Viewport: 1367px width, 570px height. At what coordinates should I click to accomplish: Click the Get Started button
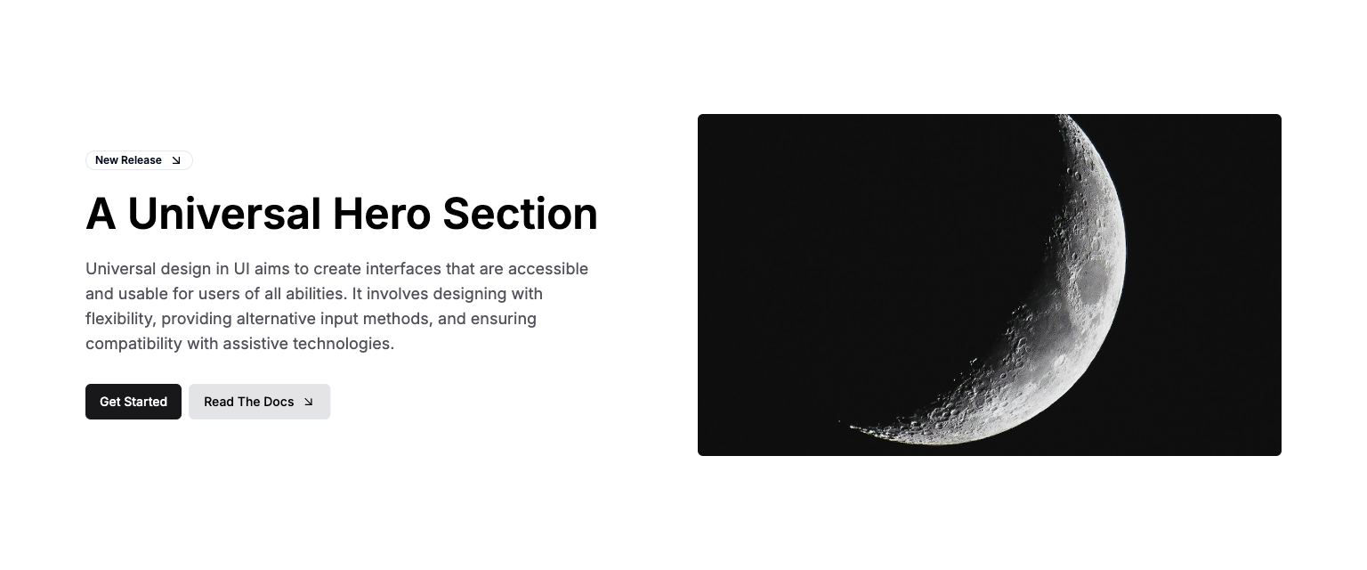133,402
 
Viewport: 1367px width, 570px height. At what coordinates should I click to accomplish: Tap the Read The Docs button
259,402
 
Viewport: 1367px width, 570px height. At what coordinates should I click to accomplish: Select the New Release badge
139,160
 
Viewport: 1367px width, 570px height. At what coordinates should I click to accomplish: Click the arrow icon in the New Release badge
176,160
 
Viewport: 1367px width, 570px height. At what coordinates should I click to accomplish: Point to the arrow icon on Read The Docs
308,402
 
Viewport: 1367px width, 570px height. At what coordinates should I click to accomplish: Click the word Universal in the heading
224,214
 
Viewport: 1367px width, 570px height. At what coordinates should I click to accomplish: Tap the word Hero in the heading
382,214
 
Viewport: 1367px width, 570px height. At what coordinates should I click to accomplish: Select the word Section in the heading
520,214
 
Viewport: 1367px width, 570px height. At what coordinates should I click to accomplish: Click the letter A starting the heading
101,214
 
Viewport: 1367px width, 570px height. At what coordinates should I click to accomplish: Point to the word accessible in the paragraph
548,269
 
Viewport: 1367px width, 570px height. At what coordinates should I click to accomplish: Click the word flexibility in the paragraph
118,319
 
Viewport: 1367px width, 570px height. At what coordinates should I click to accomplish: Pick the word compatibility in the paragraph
133,344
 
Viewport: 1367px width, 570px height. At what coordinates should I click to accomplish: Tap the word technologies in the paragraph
344,344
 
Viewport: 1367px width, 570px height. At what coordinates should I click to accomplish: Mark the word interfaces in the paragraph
403,269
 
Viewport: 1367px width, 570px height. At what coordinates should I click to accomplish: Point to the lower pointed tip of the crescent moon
841,421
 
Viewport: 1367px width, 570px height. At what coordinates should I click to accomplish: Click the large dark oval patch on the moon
1093,282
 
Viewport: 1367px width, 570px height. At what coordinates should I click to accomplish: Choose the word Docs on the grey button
279,402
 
